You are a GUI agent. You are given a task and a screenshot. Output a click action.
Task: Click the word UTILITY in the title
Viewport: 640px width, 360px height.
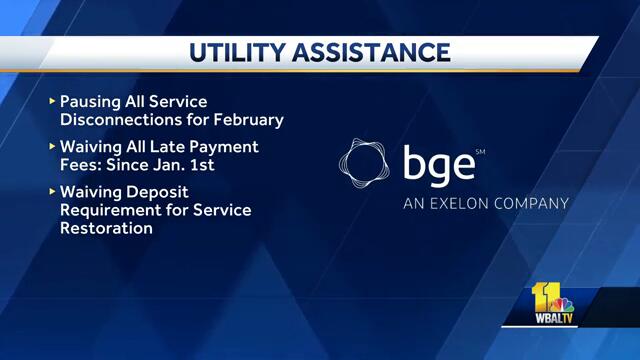(x=239, y=53)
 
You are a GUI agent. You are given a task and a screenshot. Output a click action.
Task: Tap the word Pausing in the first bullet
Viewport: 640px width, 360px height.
(x=92, y=102)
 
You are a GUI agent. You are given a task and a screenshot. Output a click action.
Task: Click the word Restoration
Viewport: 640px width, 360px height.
(x=107, y=228)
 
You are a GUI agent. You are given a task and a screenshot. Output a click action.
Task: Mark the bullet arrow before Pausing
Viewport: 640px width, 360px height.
(x=52, y=102)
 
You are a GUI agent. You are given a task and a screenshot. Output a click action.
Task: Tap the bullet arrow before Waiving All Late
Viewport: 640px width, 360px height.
(x=52, y=147)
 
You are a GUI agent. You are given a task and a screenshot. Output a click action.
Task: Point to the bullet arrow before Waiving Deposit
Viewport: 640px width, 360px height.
(x=52, y=192)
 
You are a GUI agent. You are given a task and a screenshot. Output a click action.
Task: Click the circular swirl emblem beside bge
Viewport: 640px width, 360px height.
(x=365, y=165)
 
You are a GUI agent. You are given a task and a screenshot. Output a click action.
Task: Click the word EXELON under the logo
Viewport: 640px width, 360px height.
(x=466, y=204)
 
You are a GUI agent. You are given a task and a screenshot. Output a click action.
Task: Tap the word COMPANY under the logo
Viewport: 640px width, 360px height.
(x=534, y=204)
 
